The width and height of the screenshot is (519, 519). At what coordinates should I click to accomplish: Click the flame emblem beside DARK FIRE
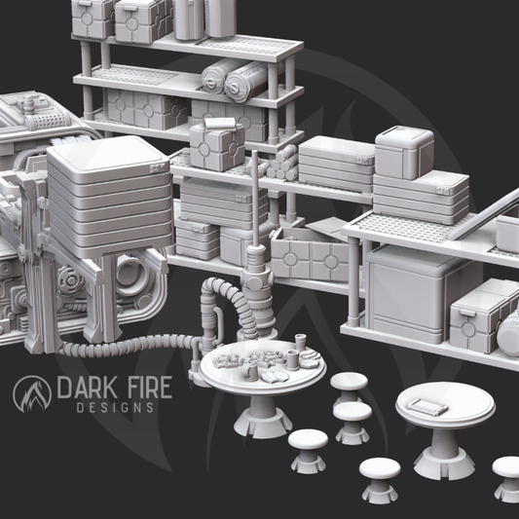tap(32, 392)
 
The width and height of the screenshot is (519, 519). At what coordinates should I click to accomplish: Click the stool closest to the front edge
tap(379, 476)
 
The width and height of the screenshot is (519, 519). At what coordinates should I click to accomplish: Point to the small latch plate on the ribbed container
tap(157, 167)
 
